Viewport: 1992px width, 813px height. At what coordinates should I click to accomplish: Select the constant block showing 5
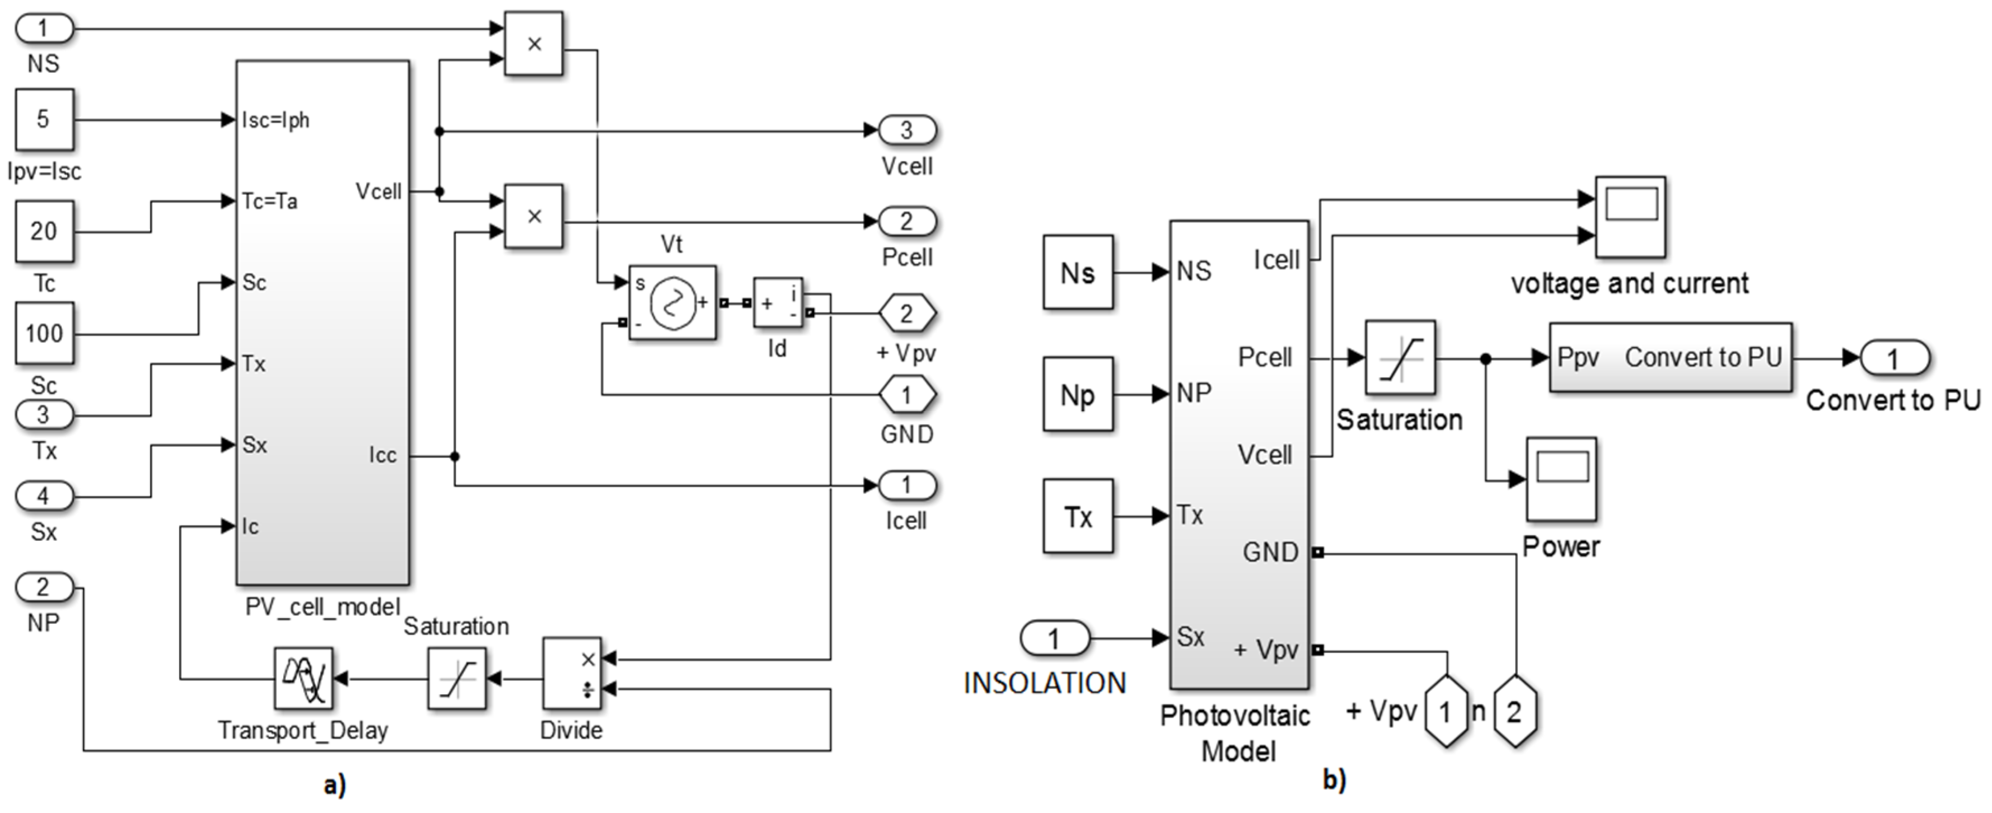[44, 119]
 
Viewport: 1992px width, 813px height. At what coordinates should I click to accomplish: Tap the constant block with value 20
[44, 231]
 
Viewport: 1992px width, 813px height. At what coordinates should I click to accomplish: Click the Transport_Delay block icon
[303, 679]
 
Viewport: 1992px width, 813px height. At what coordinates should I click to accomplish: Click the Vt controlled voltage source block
[672, 302]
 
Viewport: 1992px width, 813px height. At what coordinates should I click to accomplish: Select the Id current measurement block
[778, 302]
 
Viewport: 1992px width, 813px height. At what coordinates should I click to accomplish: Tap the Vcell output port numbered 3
[906, 130]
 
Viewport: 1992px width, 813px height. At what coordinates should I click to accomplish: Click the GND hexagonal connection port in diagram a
[906, 395]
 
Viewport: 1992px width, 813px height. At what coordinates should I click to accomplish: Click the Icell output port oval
[906, 486]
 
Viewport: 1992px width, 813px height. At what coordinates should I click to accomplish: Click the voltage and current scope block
[1630, 217]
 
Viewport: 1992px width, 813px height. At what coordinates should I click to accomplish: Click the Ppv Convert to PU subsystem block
[1670, 357]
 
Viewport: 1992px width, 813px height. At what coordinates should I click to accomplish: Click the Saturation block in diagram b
[1400, 358]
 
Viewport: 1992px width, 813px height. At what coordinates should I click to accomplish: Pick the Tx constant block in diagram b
[1077, 516]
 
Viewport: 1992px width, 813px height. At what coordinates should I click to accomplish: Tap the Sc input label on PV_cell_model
[254, 282]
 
